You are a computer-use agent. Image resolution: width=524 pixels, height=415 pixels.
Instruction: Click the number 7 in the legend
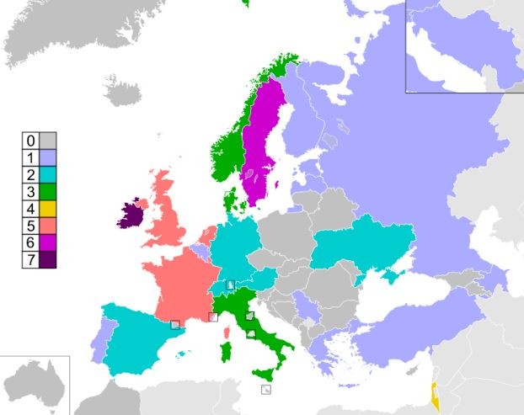tap(30, 259)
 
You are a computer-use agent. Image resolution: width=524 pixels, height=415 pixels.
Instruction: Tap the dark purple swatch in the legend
tap(48, 259)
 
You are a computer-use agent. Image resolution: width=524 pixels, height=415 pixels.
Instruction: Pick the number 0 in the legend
tap(30, 140)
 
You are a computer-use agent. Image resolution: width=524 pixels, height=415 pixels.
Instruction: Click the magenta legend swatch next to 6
tap(48, 242)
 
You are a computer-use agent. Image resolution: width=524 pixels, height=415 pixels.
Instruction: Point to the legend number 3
tap(30, 191)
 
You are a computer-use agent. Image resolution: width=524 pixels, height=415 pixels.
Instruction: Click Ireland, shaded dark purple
tap(127, 215)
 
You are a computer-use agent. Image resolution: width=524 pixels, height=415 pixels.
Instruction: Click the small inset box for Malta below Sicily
tap(265, 389)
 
